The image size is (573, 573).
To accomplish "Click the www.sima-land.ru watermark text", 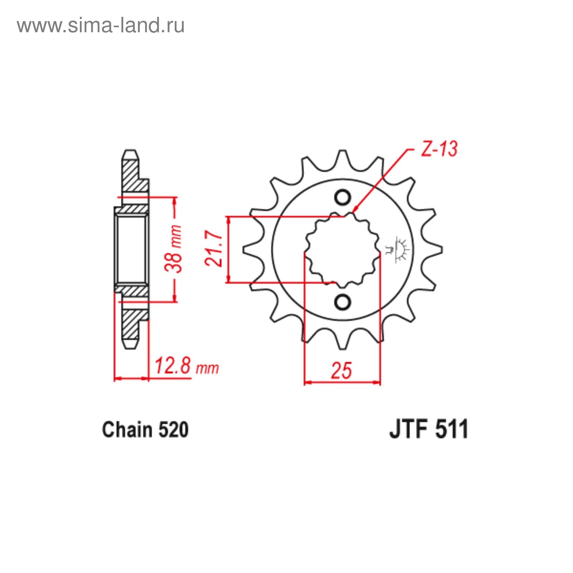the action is coord(101,25).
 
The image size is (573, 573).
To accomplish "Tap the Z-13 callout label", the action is coord(439,149).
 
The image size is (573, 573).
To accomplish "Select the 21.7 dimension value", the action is coord(214,248).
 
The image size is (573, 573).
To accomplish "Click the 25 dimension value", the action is coord(341,370).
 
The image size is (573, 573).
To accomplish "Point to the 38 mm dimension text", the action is coord(173,249).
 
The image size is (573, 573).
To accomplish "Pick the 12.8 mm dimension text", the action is coord(186,366).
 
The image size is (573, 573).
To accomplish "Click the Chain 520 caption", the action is coord(145,430).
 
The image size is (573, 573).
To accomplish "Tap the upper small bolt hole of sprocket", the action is coord(343,198).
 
